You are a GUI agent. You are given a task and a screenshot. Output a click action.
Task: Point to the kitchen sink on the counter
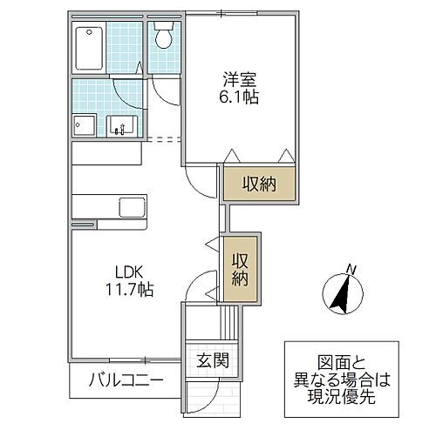click(x=132, y=210)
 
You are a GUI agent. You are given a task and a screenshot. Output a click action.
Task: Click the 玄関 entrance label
click(x=211, y=360)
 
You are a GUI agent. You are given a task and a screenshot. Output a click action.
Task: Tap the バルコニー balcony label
click(x=125, y=381)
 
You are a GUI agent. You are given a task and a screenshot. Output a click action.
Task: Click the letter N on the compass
click(x=350, y=268)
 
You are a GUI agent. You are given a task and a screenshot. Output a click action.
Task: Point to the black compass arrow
click(x=343, y=295)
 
